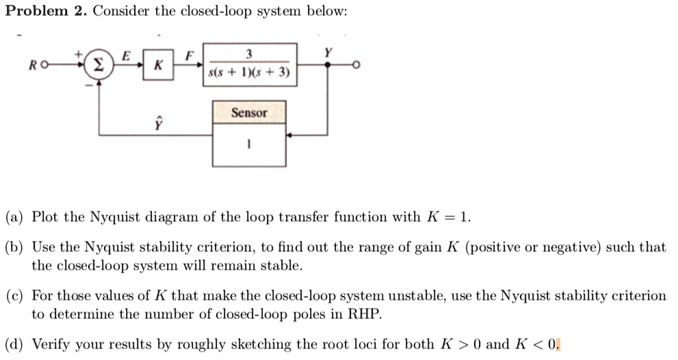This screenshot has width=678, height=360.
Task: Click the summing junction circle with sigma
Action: click(99, 66)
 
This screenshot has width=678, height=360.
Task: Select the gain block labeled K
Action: click(158, 66)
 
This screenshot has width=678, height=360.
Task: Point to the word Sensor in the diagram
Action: click(248, 113)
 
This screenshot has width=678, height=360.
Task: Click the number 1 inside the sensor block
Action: click(249, 144)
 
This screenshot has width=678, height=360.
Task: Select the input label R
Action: click(32, 66)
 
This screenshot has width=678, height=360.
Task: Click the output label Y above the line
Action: click(329, 52)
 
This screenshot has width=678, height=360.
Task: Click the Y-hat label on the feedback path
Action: click(158, 123)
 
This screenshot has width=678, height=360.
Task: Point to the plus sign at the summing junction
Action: click(79, 53)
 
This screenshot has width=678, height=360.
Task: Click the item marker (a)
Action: click(14, 218)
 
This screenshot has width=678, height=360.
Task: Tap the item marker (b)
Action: click(14, 248)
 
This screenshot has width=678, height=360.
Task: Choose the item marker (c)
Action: click(14, 296)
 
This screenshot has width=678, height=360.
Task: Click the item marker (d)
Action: click(14, 344)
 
